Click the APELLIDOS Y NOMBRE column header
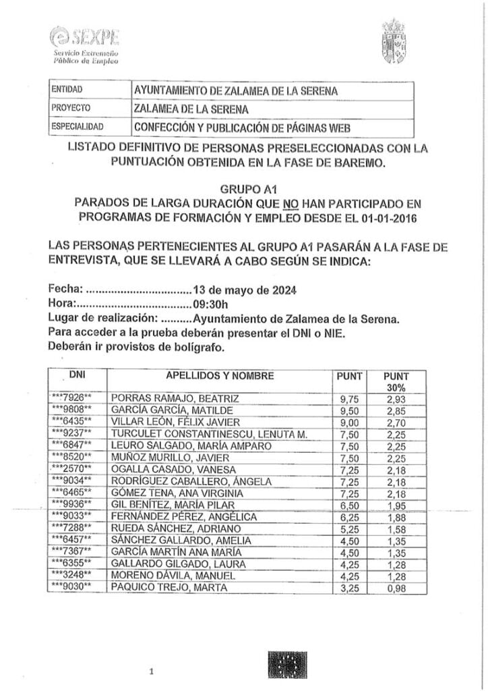(219, 375)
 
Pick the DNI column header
(78, 373)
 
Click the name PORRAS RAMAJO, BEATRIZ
(174, 398)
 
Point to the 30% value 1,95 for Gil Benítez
(396, 505)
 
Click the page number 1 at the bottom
(152, 671)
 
